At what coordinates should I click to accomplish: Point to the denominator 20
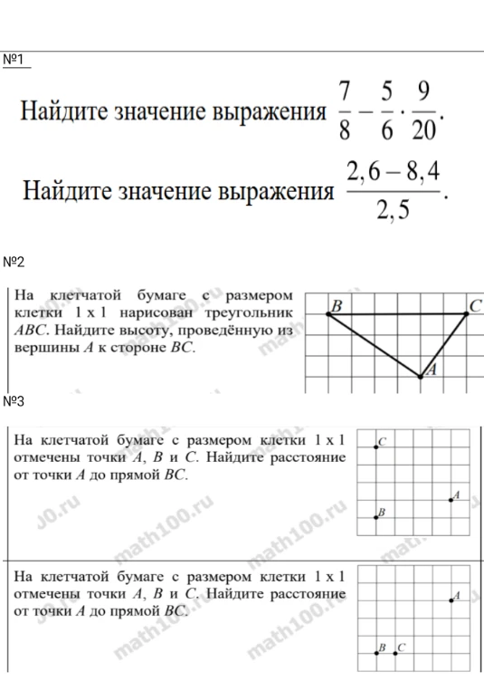coord(422,131)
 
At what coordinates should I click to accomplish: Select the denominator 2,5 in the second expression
coord(394,211)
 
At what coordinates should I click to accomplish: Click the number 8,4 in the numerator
coord(419,172)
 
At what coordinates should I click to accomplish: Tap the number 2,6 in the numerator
coord(367,172)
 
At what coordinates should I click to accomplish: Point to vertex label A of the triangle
coord(432,369)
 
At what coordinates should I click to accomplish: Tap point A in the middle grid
coord(451,498)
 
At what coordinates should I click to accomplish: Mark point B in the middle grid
coord(376,516)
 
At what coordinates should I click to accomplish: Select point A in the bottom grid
coord(451,599)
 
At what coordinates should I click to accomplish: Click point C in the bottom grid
coord(395,651)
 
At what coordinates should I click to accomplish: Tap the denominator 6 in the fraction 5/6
coord(387,131)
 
